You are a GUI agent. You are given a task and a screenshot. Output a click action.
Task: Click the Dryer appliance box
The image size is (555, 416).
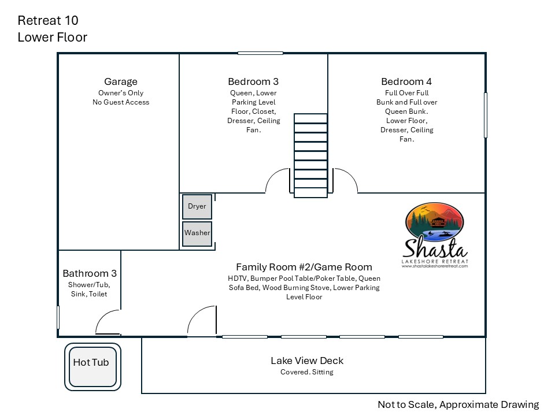coord(197,207)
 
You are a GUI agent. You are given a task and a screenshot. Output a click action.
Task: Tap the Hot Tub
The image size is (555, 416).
coord(92,367)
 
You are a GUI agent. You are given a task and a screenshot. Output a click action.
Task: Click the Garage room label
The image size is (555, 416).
coord(121,81)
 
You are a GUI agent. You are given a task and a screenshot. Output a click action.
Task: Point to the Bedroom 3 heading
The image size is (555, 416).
coord(253,81)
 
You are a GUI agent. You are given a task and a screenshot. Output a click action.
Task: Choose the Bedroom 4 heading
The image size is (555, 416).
coord(406,81)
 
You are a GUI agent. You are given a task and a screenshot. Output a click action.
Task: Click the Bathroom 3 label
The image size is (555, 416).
coord(90,273)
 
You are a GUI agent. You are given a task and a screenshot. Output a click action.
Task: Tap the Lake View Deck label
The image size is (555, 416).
coord(307,361)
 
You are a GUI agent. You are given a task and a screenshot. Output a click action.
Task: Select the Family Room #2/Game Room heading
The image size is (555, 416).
coord(304,267)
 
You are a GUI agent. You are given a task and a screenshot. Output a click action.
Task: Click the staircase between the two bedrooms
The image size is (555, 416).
coord(310,155)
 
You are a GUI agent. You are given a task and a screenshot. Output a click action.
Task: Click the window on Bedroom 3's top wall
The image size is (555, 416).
coord(260,53)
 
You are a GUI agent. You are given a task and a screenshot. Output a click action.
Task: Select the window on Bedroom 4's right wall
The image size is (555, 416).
coord(485,115)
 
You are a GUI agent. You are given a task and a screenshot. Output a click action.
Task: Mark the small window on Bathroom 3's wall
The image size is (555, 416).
coord(58,317)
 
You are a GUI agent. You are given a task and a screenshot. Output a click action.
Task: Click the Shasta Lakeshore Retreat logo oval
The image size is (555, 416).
coord(434,222)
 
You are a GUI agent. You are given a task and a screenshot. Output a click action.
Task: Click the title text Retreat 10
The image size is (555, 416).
coord(48,21)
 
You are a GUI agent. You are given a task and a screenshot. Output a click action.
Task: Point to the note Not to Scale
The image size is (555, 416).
coord(406,404)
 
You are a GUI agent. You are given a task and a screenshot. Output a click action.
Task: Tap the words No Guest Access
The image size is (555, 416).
coord(121,102)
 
